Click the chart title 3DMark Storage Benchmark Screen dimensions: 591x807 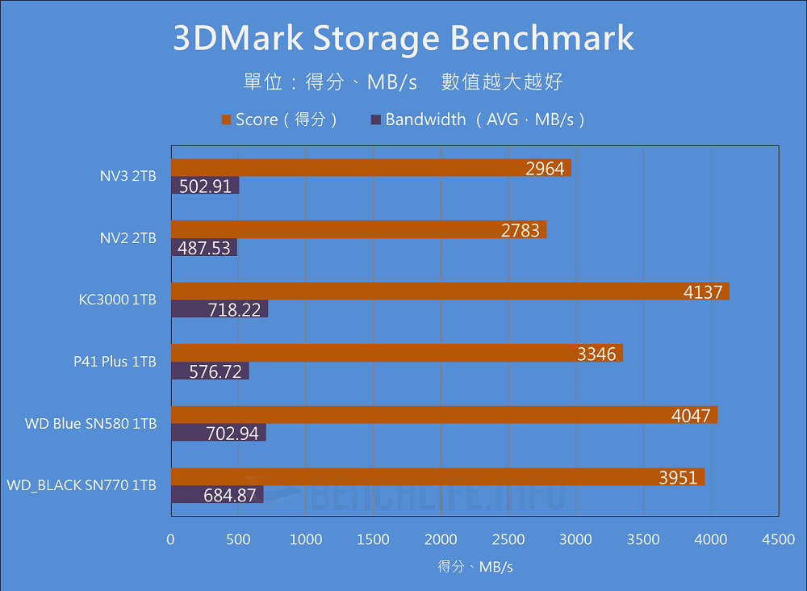pyautogui.click(x=403, y=38)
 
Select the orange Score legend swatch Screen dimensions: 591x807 pyautogui.click(x=226, y=120)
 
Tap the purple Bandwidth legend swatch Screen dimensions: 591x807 pyautogui.click(x=375, y=120)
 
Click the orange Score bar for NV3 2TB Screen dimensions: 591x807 pyautogui.click(x=370, y=168)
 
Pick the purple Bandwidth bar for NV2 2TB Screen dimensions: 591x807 pyautogui.click(x=203, y=248)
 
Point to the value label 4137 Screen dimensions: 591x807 pyautogui.click(x=702, y=292)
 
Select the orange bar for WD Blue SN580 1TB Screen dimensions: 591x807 pyautogui.click(x=444, y=415)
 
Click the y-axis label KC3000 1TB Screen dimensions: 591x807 pyautogui.click(x=118, y=300)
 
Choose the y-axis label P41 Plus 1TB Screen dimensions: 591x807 pyautogui.click(x=115, y=363)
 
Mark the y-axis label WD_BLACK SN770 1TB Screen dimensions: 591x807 pyautogui.click(x=82, y=486)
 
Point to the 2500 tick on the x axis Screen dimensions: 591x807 pyautogui.click(x=508, y=539)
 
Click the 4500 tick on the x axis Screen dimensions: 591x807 pyautogui.click(x=778, y=539)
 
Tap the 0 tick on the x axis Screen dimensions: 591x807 pyautogui.click(x=170, y=539)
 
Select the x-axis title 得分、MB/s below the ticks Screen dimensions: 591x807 pyautogui.click(x=475, y=567)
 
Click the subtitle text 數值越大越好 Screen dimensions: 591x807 pyautogui.click(x=502, y=82)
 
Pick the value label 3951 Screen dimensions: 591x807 pyautogui.click(x=678, y=478)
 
